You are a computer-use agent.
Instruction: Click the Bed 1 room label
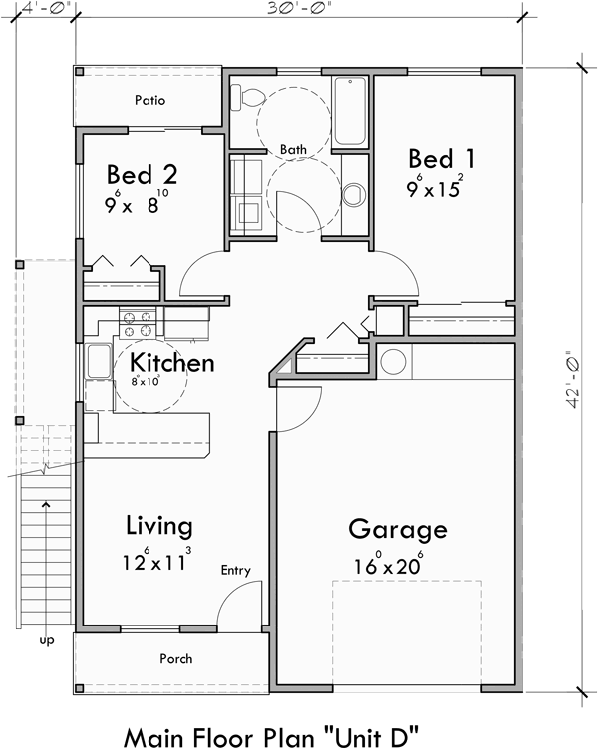442,159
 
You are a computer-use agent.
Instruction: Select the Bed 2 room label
142,176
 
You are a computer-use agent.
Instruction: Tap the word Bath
293,150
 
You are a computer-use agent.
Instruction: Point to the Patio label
150,101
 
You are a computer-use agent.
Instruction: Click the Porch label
175,659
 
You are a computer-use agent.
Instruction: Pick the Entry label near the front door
236,571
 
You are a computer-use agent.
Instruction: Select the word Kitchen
172,362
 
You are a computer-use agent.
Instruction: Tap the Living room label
159,526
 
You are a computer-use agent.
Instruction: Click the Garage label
397,529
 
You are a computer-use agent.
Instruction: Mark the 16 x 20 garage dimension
389,565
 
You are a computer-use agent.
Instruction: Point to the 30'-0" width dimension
297,7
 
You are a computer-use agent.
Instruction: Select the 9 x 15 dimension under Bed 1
435,188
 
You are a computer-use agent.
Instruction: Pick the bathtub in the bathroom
350,111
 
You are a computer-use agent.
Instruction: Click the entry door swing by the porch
237,606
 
